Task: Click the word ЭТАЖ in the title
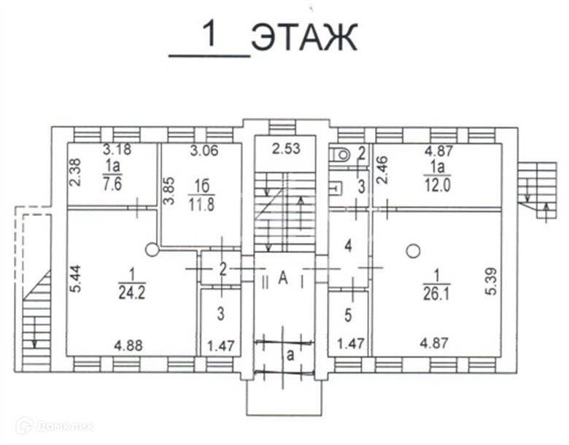(304, 38)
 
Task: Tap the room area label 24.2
(132, 293)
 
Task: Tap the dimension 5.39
(489, 281)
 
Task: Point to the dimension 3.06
(204, 152)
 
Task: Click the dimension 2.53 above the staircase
(286, 151)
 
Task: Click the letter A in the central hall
(284, 276)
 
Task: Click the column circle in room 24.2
(152, 249)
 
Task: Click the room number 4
(349, 246)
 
